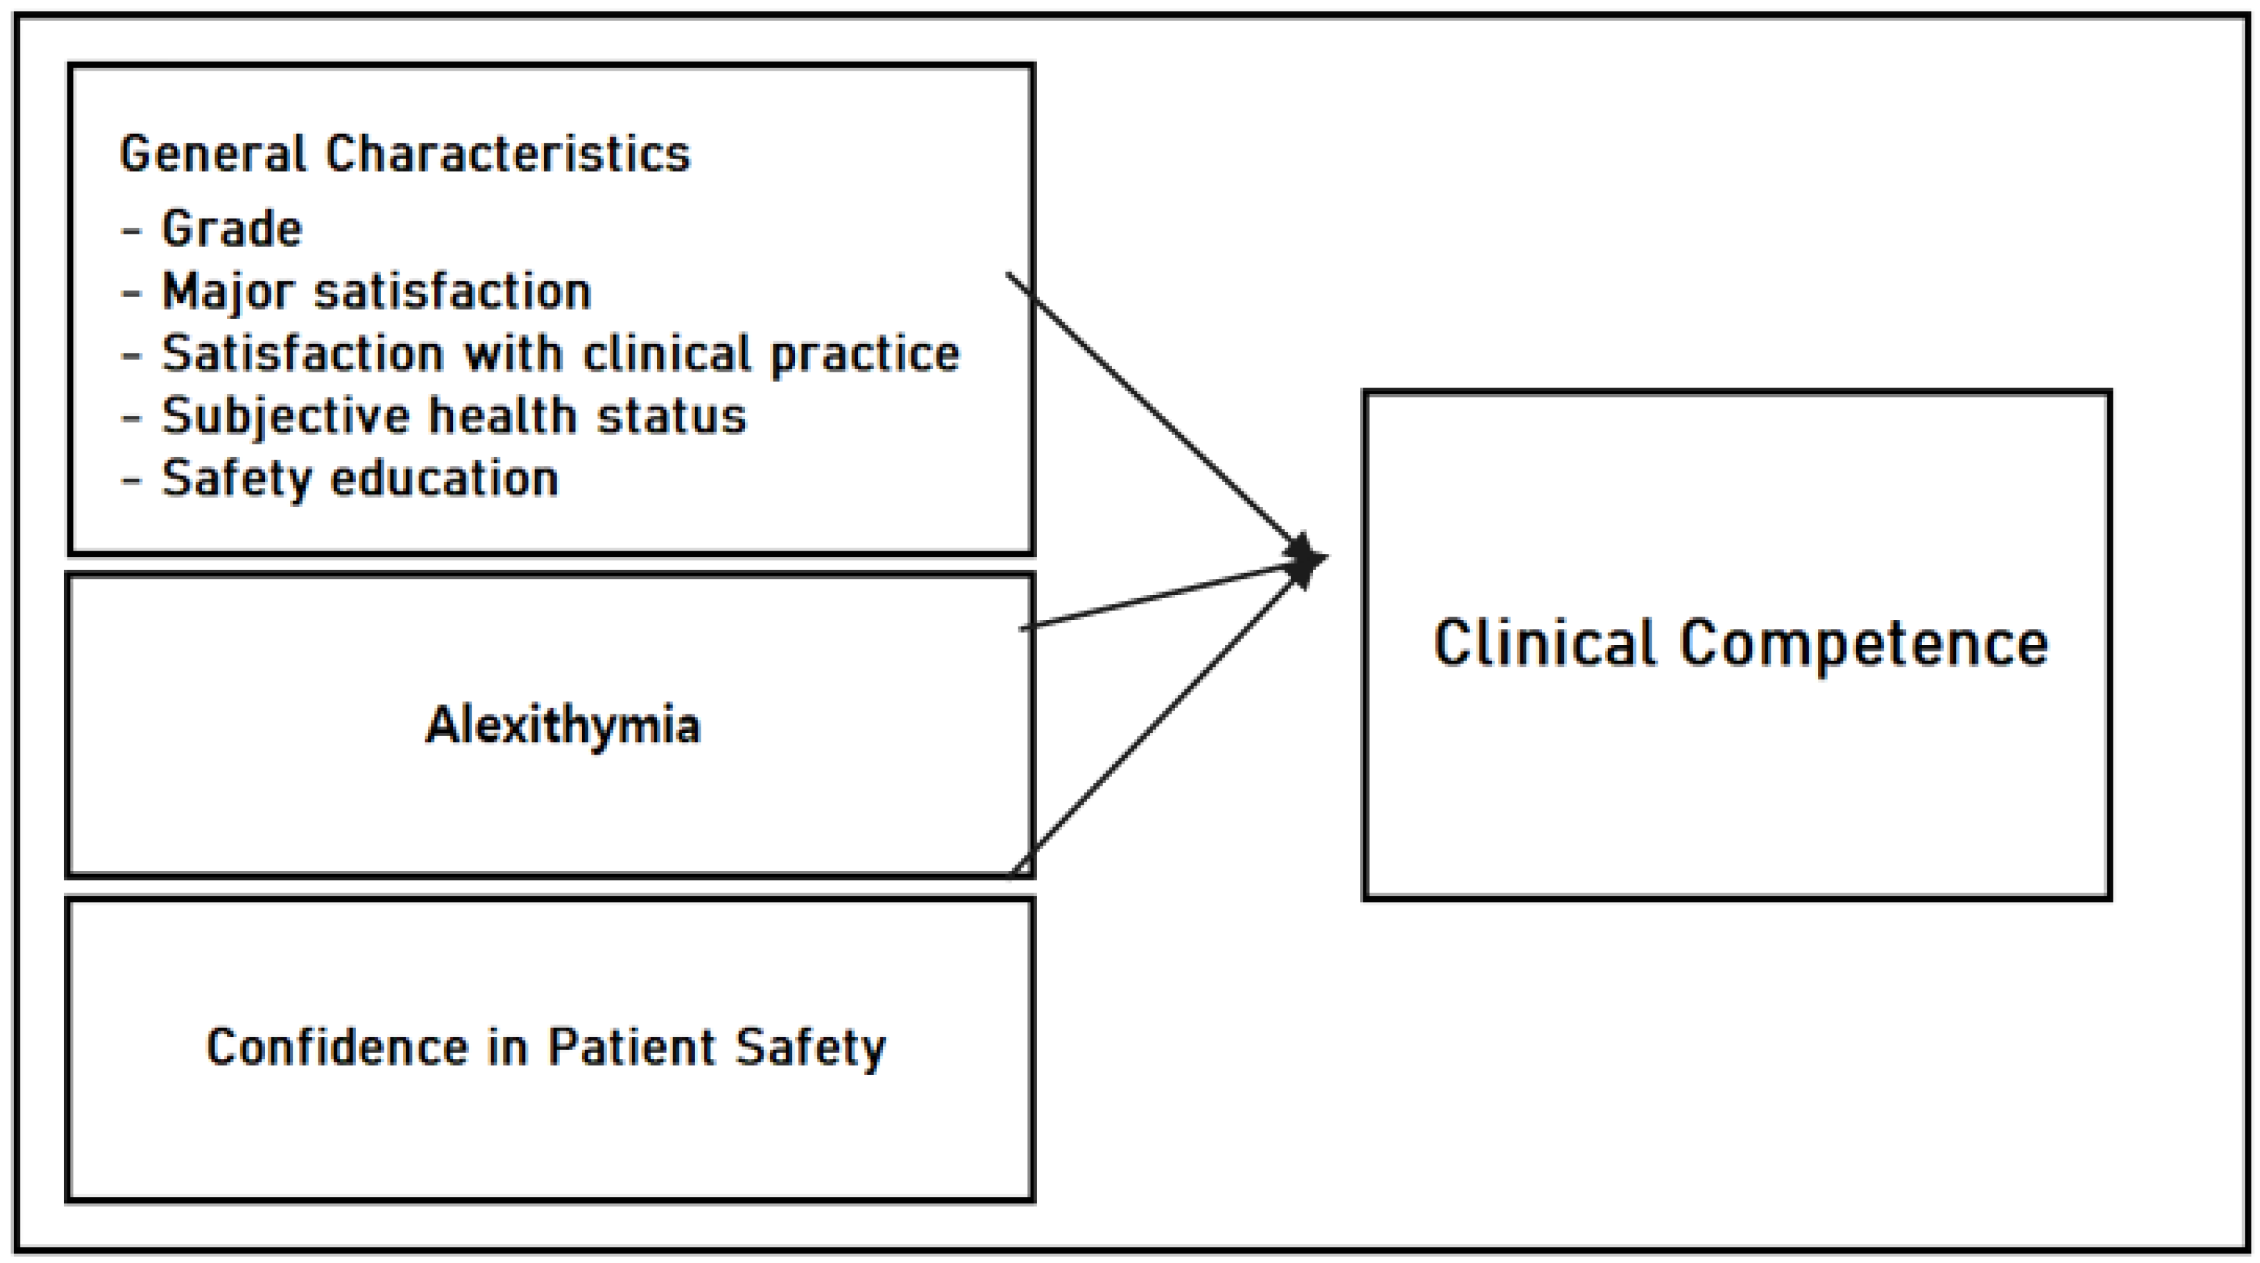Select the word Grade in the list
(x=232, y=230)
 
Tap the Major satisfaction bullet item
(x=376, y=292)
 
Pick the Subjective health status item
(x=454, y=417)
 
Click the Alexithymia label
(x=563, y=726)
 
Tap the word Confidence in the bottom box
(x=337, y=1047)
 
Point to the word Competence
(x=1864, y=644)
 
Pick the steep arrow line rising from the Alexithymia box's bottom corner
(x=1149, y=728)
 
